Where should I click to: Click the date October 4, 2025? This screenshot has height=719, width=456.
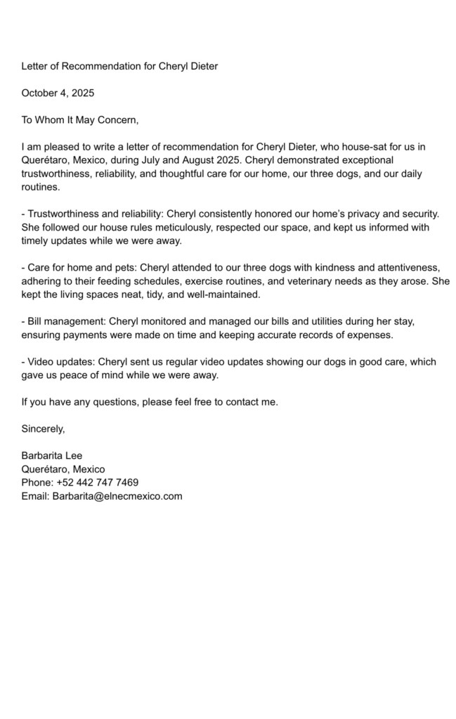point(58,93)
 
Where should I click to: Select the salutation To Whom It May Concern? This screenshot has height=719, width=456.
point(80,119)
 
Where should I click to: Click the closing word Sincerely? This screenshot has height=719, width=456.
point(43,428)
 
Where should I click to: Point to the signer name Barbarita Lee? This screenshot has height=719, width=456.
point(52,455)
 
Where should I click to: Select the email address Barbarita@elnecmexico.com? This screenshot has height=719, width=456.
point(117,495)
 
